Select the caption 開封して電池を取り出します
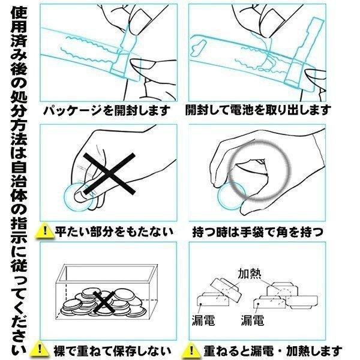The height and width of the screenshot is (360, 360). [258, 110]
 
